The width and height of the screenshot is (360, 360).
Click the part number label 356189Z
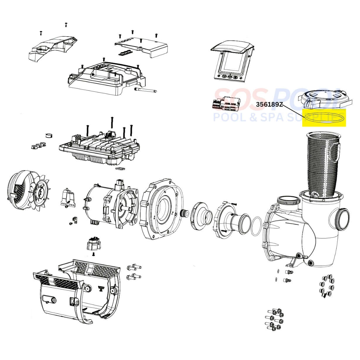click(x=269, y=104)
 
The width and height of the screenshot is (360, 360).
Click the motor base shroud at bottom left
click(x=76, y=291)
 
